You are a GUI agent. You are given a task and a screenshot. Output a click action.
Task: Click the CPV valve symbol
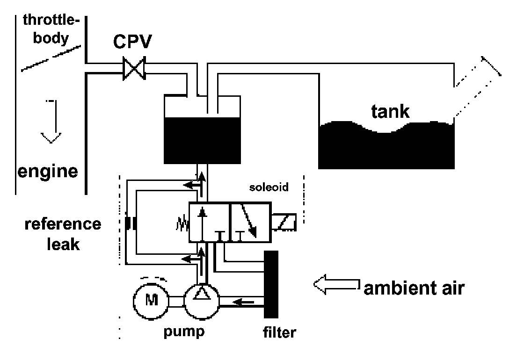[134, 68]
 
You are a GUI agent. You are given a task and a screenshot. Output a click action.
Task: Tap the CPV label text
[132, 42]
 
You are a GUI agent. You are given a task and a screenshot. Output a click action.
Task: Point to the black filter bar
[271, 284]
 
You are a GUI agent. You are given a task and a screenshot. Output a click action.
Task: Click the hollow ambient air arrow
[337, 285]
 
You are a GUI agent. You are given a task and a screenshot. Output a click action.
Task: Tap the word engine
[47, 172]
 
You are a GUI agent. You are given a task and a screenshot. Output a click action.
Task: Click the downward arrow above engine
[51, 122]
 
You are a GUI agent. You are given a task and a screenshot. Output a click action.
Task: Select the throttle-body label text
[51, 29]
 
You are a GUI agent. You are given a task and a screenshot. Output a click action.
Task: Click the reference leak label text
[63, 234]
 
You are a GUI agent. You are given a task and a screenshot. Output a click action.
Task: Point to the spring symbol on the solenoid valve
[182, 224]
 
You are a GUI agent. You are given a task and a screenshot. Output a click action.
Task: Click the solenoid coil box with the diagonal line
[284, 222]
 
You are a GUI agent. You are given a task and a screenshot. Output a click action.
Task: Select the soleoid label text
[269, 187]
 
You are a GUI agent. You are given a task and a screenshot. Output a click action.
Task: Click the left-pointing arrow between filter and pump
[243, 302]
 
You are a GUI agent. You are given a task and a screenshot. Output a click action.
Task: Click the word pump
[184, 331]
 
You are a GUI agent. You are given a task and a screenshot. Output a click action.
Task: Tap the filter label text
[279, 332]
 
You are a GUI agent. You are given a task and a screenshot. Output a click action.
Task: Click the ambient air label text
[414, 288]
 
